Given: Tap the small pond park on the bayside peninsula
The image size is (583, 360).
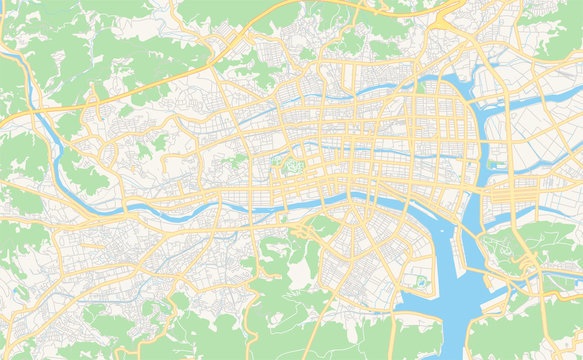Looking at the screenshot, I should click(420, 281).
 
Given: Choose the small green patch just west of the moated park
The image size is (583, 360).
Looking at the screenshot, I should click(276, 160).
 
